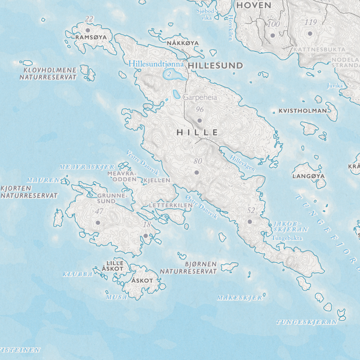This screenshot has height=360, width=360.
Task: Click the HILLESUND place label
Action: pos(215,66)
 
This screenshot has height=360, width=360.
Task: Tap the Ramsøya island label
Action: pos(91,37)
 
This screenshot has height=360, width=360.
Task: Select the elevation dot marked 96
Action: pos(199,120)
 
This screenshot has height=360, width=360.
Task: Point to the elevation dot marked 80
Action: pos(196,173)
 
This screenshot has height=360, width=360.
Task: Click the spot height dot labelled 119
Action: pos(310,33)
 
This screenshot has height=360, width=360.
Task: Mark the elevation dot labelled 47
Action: pos(97,222)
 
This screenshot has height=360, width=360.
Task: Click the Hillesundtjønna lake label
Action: pos(156,64)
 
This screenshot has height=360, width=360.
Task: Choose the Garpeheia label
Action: pos(200,97)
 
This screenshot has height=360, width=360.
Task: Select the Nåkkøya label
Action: pos(183,43)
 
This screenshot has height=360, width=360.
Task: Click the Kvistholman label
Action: pos(303,111)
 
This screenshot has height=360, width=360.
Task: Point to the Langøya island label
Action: pos(309,176)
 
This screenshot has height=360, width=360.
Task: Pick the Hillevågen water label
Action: pos(243,163)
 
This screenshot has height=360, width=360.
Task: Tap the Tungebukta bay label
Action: pos(287,238)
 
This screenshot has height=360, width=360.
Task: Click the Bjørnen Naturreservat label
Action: pos(189,267)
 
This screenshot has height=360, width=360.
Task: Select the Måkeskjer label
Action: pos(239,298)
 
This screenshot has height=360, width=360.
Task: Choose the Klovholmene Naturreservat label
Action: pos(48,73)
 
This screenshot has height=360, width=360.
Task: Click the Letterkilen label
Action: pos(171,206)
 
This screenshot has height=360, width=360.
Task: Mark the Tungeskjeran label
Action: pos(307,322)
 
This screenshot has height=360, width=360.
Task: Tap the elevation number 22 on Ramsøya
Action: pos(89,19)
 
